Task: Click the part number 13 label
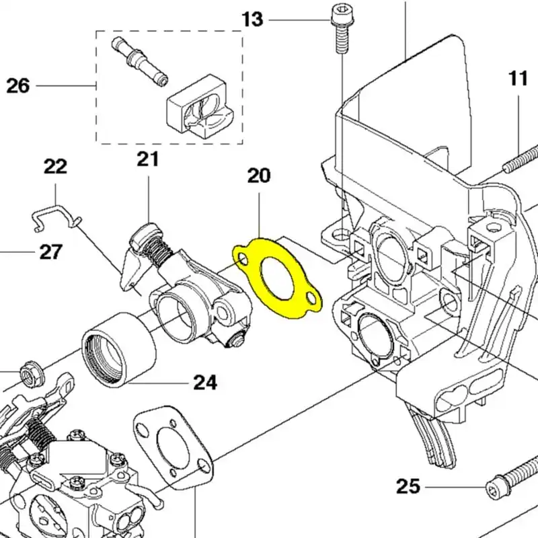click(252, 19)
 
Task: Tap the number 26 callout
click(18, 86)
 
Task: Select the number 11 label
click(518, 79)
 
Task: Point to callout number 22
click(55, 166)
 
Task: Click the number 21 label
click(148, 159)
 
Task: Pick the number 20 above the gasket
click(259, 176)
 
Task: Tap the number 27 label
click(51, 252)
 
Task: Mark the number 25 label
click(408, 486)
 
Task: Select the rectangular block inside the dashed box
click(198, 108)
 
